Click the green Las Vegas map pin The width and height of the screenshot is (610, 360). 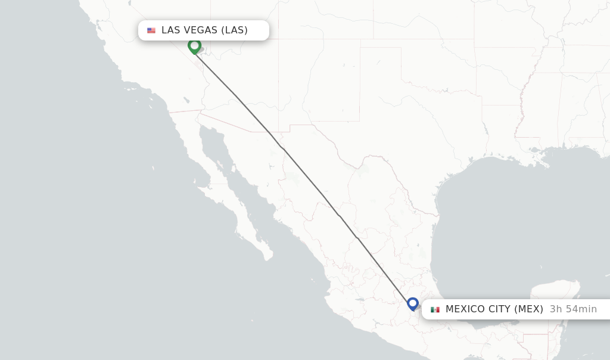(x=194, y=45)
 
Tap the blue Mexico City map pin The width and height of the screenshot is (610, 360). (x=413, y=303)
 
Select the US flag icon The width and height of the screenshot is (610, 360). (x=151, y=30)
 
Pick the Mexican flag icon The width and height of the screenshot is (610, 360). (x=435, y=309)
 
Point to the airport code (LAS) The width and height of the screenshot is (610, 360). (x=234, y=30)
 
